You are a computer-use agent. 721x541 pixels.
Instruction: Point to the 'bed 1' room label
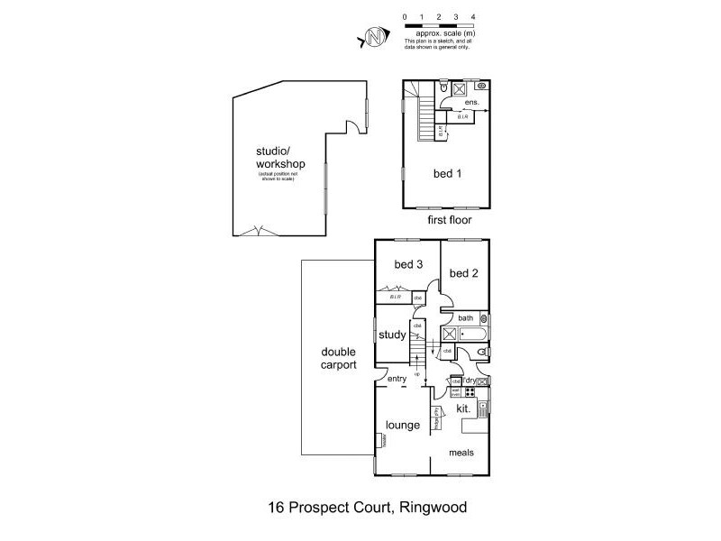(448, 173)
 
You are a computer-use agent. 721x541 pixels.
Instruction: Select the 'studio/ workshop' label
(280, 158)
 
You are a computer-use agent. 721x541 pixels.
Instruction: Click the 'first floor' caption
(448, 219)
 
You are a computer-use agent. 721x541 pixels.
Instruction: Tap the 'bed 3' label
(408, 264)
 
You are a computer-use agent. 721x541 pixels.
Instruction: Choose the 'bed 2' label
(463, 273)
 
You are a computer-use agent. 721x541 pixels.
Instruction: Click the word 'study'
(393, 335)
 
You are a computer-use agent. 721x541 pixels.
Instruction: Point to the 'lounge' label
(401, 425)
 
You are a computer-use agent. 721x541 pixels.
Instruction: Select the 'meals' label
(461, 452)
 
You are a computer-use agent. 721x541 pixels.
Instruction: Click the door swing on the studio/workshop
(360, 131)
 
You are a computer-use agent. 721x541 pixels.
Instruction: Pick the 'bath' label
(466, 317)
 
